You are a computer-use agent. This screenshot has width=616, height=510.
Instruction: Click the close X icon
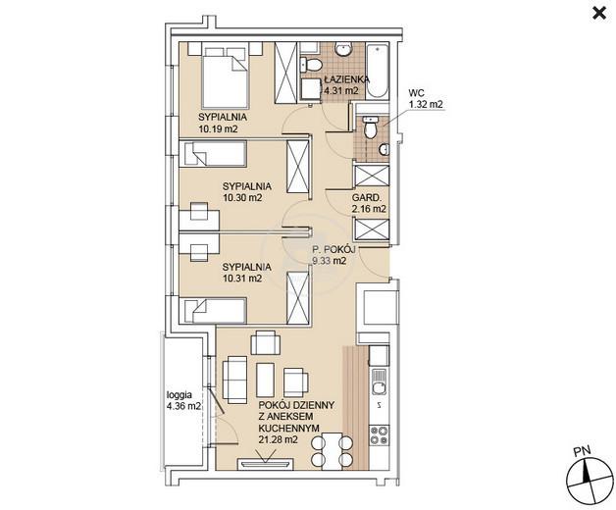point(598,14)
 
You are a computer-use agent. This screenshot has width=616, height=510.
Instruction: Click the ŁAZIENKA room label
point(347,79)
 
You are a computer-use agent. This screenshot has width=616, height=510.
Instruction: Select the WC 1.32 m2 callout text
point(426,99)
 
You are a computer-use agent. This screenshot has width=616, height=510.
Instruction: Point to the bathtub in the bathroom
point(378,72)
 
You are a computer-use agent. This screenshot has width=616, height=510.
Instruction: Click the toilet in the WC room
point(370,127)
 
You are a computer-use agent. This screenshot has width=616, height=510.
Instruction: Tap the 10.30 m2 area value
point(242,198)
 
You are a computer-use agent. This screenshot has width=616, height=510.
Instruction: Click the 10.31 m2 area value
point(242,279)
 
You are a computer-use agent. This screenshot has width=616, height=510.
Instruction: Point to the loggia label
point(180,395)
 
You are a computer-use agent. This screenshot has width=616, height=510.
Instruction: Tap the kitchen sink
point(379,382)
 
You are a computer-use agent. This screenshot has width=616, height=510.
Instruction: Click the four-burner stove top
point(379,434)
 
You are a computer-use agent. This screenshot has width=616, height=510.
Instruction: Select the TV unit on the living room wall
point(266,464)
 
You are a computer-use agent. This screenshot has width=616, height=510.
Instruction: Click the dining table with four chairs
point(332,451)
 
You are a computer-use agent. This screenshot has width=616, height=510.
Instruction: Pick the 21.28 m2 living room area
point(278,439)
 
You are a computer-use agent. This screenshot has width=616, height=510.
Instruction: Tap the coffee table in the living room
point(265,380)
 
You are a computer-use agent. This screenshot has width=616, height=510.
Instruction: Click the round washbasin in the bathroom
point(344,50)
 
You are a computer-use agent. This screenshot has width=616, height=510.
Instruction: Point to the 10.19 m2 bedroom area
point(218,128)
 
